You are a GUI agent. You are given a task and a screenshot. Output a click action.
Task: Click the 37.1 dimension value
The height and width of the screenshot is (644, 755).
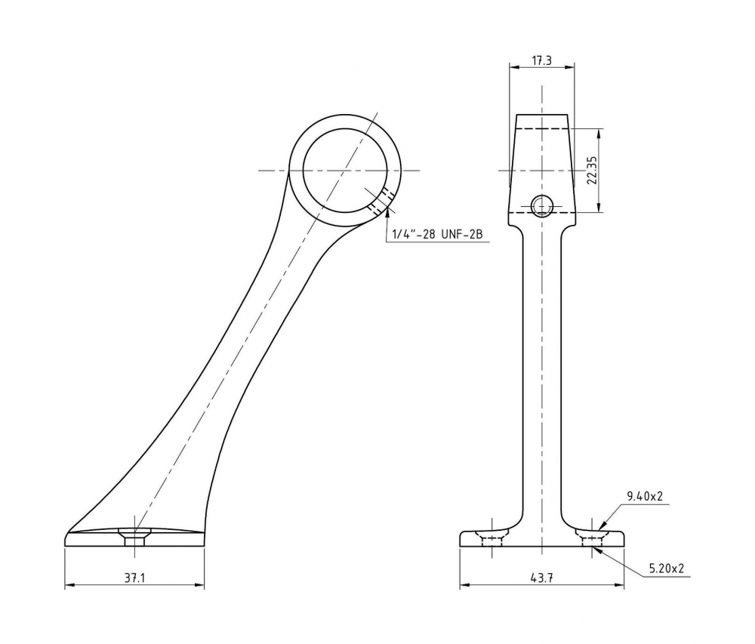pos(135,578)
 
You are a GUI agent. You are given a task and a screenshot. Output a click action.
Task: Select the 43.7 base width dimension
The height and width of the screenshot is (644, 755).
pos(542,578)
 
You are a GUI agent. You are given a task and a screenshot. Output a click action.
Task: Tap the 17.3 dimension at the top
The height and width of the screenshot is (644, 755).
pos(541,60)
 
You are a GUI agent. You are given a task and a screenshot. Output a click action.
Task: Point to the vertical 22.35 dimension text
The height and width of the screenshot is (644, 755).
pos(592,171)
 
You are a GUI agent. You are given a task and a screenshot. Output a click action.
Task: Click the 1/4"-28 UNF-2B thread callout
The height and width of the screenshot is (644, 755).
pos(438,234)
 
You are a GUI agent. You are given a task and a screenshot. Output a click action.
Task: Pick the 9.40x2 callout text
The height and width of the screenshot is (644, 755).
pos(645,496)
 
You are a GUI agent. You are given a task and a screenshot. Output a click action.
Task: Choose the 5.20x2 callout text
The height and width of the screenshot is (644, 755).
pos(667,569)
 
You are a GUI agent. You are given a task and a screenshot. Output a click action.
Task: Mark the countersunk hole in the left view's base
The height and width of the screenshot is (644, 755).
pos(135,537)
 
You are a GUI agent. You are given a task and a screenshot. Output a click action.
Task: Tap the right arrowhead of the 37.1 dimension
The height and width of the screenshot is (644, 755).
pos(199,585)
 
